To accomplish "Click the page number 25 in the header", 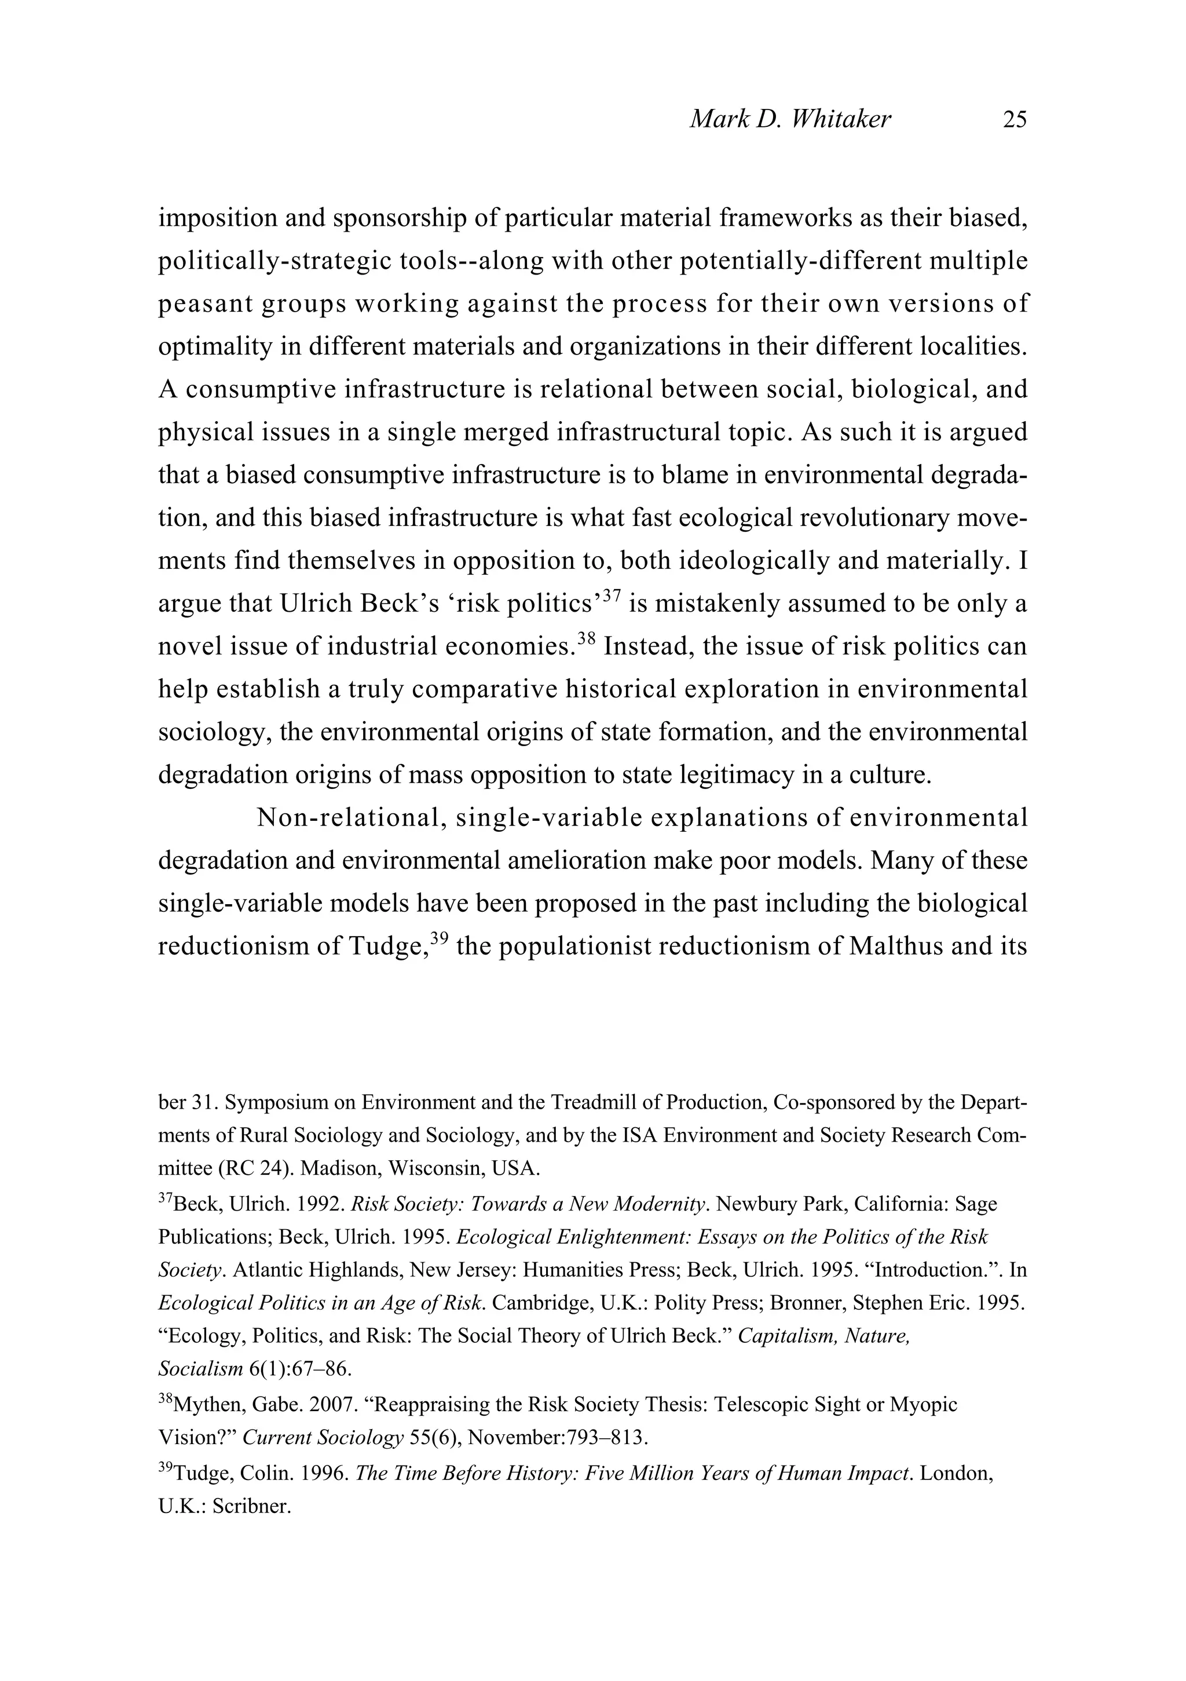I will (1015, 119).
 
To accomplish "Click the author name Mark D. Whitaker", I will (790, 119).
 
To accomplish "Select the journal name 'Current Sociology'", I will (323, 1437).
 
